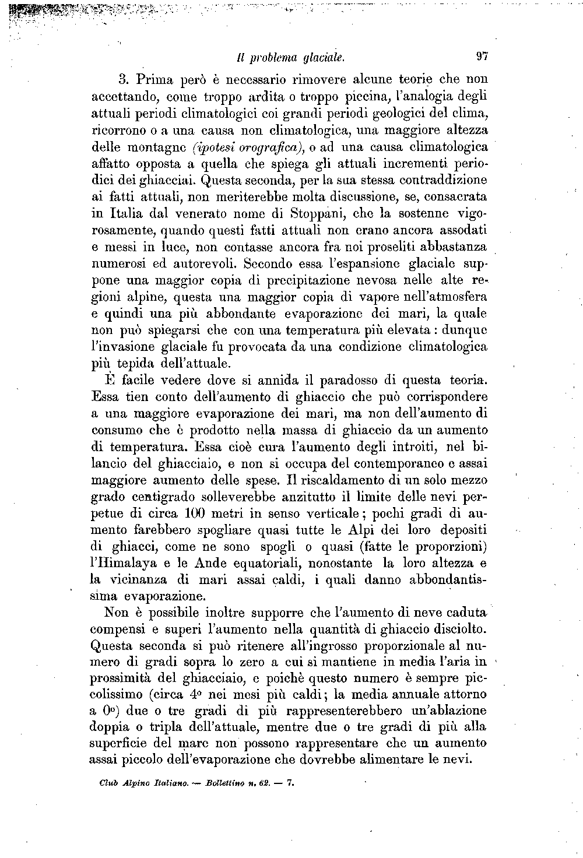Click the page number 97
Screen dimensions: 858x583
[482, 57]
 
